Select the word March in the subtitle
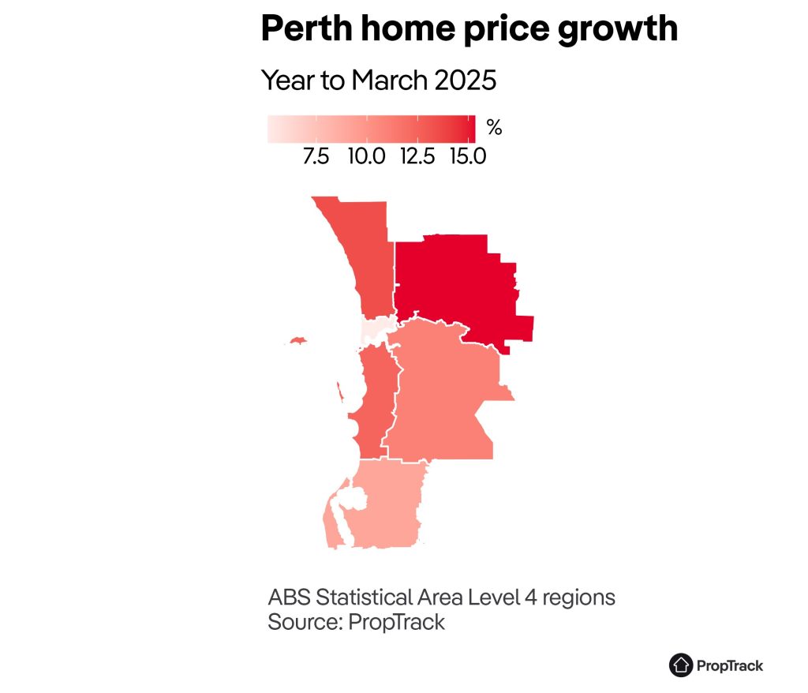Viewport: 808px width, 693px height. coord(389,81)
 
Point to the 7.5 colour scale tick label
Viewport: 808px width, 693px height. coord(316,156)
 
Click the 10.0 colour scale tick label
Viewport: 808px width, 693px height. coord(367,156)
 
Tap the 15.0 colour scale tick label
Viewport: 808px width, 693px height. coord(468,156)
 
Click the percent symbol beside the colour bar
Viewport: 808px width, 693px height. coord(494,127)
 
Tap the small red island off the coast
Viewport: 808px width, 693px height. coord(297,341)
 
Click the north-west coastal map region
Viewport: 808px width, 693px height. coord(363,253)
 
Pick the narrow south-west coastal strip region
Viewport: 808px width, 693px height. coord(372,395)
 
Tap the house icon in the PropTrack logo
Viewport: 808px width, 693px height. coord(680,665)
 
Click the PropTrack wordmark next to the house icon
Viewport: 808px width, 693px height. coord(730,666)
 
